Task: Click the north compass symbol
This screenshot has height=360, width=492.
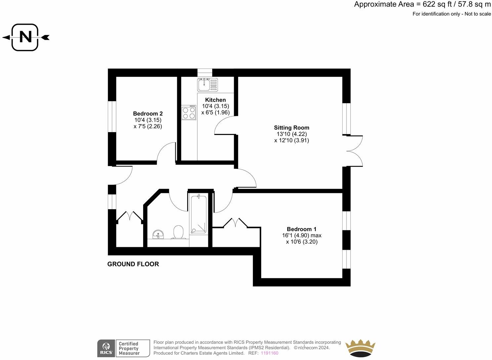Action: (x=25, y=37)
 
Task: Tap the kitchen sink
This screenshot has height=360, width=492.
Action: (x=208, y=84)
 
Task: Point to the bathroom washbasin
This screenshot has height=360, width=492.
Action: (x=158, y=234)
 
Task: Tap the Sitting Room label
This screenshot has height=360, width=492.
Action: (x=291, y=128)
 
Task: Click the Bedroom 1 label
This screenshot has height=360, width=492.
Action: (x=302, y=229)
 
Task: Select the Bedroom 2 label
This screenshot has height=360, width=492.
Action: (x=148, y=113)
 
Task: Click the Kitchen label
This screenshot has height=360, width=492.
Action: (x=215, y=100)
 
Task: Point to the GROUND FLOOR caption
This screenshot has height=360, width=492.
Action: (x=133, y=264)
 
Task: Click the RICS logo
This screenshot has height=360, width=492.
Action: (x=105, y=348)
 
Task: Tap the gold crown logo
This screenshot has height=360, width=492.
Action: (x=360, y=348)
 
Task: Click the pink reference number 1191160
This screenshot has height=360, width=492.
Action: (x=269, y=353)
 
